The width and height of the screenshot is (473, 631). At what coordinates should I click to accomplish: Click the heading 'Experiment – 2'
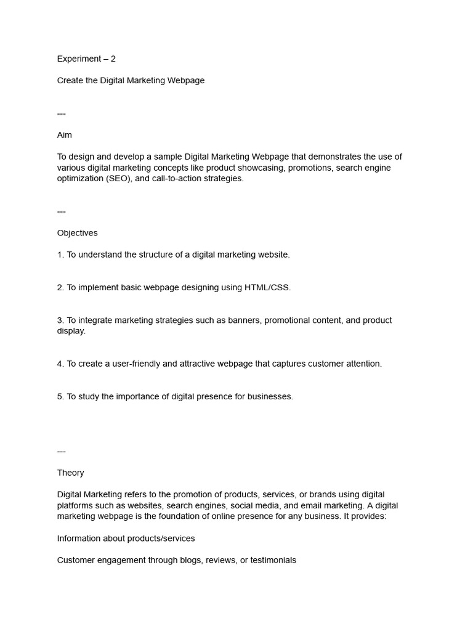point(86,59)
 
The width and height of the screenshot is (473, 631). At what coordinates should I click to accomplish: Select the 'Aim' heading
point(65,135)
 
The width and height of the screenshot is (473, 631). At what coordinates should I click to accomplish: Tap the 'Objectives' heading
point(77,233)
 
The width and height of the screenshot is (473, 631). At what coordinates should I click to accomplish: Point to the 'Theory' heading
point(71,473)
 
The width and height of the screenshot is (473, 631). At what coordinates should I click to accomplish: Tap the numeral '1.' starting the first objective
point(60,254)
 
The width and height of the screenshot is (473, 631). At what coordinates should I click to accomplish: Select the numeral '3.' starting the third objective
point(60,320)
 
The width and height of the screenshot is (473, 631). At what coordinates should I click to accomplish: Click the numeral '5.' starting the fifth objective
point(60,397)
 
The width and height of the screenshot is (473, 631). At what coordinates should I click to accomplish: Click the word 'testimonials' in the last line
point(273,561)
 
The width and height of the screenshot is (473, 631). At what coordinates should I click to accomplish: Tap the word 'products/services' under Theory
point(161,539)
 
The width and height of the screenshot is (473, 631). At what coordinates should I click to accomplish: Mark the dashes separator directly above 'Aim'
point(62,113)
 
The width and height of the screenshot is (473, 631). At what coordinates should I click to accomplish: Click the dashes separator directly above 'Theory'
point(62,451)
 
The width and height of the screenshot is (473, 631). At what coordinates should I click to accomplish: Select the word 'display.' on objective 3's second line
point(71,331)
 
